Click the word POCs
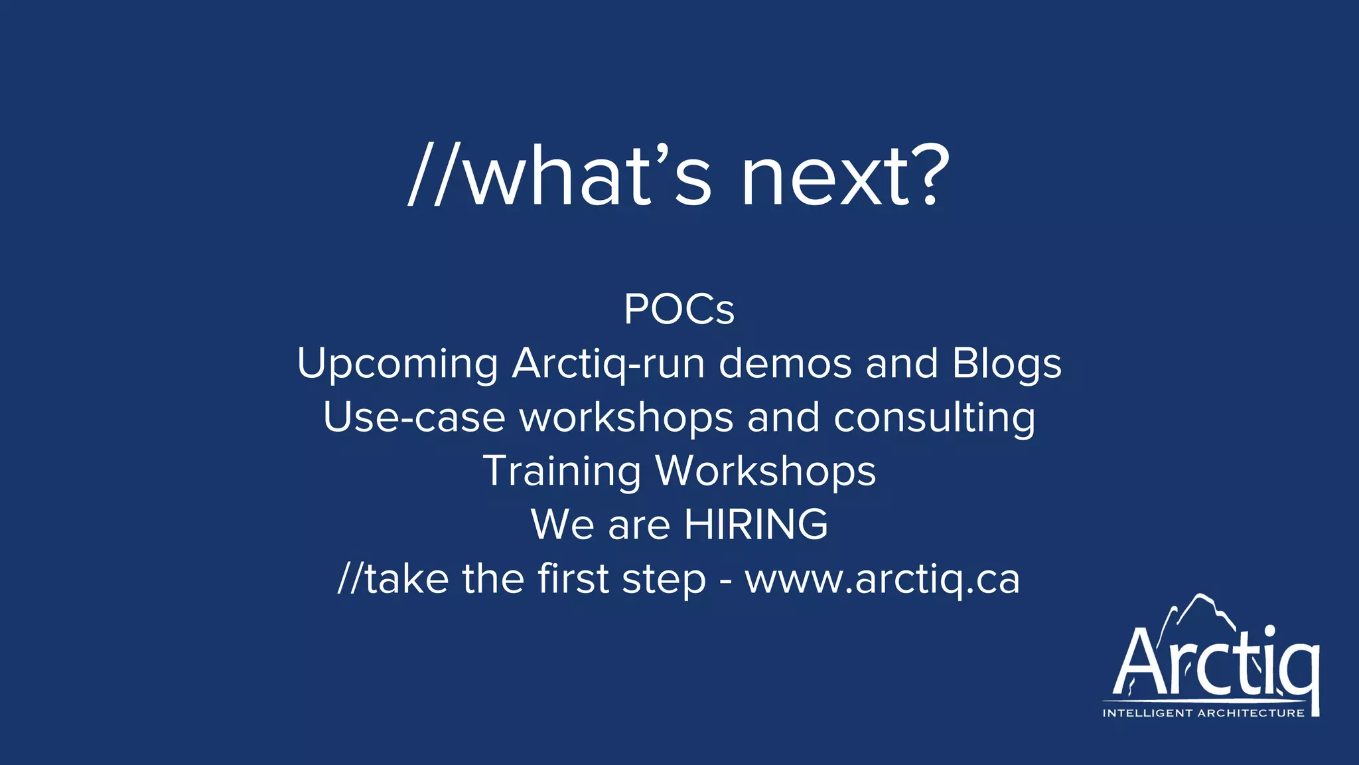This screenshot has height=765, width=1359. pyautogui.click(x=679, y=309)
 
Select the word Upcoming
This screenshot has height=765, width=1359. pyautogui.click(x=397, y=364)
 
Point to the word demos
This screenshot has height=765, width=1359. pyautogui.click(x=785, y=364)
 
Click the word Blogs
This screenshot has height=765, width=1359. pyautogui.click(x=1007, y=364)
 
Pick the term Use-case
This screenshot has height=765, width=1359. pyautogui.click(x=414, y=418)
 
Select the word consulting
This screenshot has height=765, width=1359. pyautogui.click(x=934, y=418)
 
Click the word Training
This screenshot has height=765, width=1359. pyautogui.click(x=561, y=471)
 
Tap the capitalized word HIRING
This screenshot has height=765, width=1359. pyautogui.click(x=756, y=525)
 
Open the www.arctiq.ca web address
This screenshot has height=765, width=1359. pyautogui.click(x=882, y=579)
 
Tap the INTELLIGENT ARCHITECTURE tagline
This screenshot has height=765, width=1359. pyautogui.click(x=1203, y=713)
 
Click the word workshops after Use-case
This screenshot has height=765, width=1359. pyautogui.click(x=626, y=418)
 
